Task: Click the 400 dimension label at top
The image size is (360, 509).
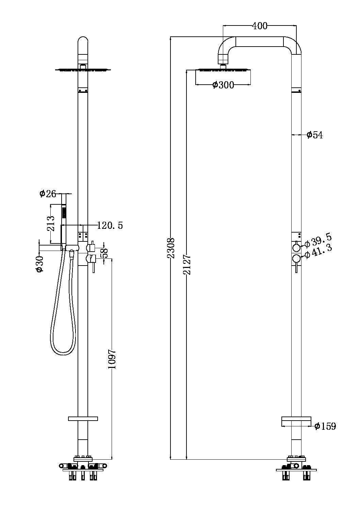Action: point(259,26)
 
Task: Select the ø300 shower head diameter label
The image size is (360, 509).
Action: point(223,85)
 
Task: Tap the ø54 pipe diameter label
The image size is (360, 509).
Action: point(314,135)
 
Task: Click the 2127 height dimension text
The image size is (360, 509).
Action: point(187,265)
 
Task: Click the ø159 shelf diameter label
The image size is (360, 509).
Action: point(325,426)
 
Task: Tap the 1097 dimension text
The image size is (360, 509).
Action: point(112,359)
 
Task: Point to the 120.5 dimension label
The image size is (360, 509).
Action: point(110,225)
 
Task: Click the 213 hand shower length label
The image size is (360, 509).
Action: point(51,223)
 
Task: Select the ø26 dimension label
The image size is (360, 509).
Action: point(47,194)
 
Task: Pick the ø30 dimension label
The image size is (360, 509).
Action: point(40,264)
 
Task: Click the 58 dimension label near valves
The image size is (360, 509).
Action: point(105,252)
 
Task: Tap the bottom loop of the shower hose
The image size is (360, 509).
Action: point(62,354)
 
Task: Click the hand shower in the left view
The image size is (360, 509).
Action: point(63,221)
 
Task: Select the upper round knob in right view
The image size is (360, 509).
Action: point(296,247)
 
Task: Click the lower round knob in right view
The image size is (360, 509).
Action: point(296,259)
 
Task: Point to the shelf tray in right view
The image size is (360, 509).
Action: point(296,422)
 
